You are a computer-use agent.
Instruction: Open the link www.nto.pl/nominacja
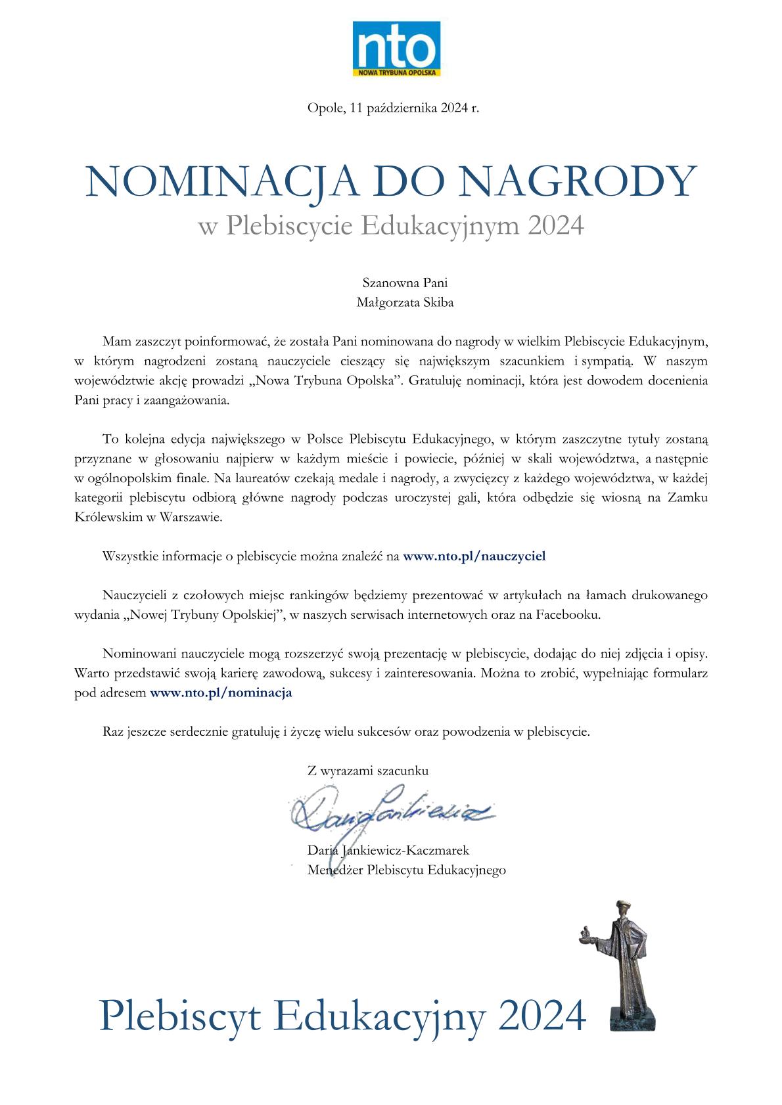coord(221,692)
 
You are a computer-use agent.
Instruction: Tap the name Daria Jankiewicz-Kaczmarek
coord(388,851)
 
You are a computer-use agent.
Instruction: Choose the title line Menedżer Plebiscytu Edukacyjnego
coord(407,870)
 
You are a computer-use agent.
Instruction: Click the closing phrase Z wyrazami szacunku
coord(368,771)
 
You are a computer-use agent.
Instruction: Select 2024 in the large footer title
coord(541,1017)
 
